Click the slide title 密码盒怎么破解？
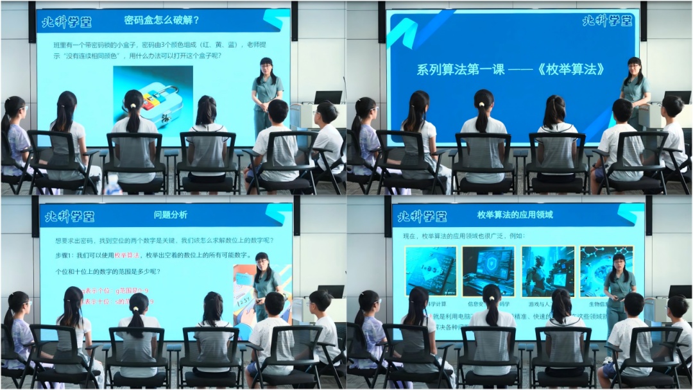(x=162, y=20)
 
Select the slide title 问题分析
(x=171, y=215)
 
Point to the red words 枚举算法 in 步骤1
(x=127, y=255)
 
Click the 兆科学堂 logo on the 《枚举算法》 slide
(x=607, y=21)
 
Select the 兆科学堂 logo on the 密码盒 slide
(x=67, y=22)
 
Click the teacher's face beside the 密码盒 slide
(x=266, y=67)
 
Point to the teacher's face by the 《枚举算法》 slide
(x=635, y=67)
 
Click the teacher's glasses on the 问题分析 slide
(x=261, y=262)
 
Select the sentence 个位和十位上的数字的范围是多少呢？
(x=108, y=271)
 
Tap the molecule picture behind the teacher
(x=597, y=269)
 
